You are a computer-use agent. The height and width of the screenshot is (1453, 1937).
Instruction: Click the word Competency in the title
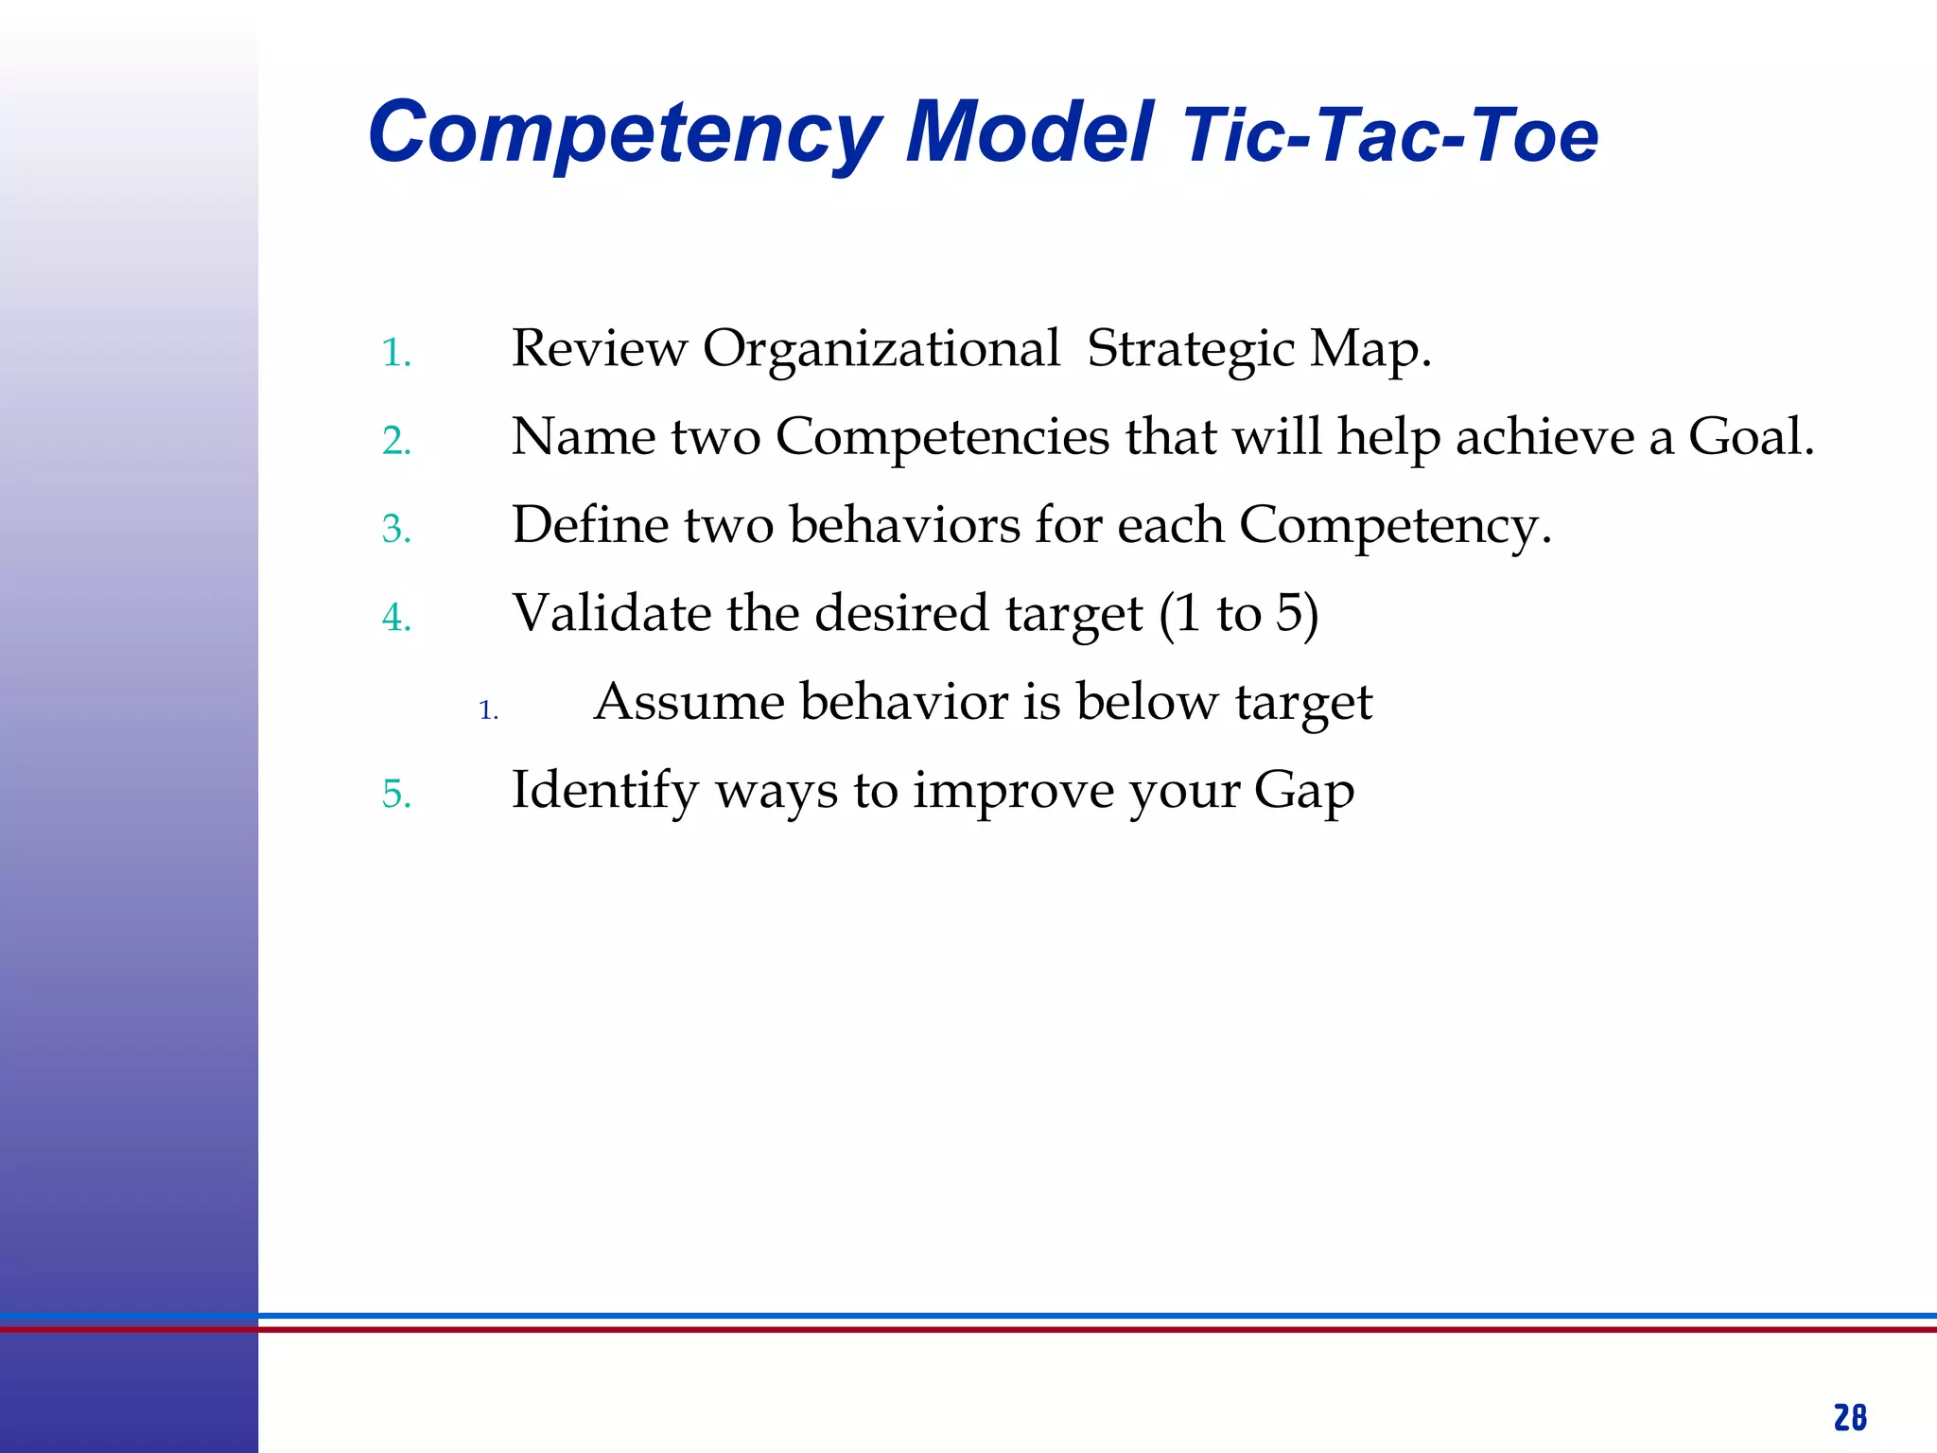tap(624, 134)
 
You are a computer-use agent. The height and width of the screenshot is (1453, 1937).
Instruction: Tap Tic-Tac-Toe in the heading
tap(1390, 136)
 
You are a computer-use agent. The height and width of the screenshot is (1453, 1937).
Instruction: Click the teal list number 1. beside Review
tap(396, 354)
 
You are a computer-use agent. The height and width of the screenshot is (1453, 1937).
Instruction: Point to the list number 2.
tap(396, 442)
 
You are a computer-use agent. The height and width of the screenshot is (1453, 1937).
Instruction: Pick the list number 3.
tap(396, 530)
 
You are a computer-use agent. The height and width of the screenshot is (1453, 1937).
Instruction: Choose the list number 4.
tap(396, 618)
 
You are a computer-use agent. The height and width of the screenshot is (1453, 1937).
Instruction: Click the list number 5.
tap(396, 795)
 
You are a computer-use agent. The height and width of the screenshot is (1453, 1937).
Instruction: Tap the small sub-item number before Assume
tap(488, 710)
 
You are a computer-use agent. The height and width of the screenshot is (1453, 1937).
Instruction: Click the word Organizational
tap(881, 350)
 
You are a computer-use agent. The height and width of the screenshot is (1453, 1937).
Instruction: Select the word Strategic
tap(1190, 350)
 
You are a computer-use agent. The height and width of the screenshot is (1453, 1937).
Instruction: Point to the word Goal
tap(1750, 437)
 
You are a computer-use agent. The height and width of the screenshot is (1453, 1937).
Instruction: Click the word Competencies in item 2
tap(942, 439)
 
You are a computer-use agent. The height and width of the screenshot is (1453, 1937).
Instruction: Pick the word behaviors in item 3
tap(904, 525)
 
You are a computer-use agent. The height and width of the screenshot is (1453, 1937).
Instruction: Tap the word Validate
tap(612, 613)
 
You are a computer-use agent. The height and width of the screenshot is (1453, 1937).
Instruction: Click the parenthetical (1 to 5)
tap(1239, 613)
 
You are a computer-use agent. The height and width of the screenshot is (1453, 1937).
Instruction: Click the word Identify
tap(604, 791)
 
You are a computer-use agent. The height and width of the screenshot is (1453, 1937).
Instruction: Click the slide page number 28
tap(1850, 1418)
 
